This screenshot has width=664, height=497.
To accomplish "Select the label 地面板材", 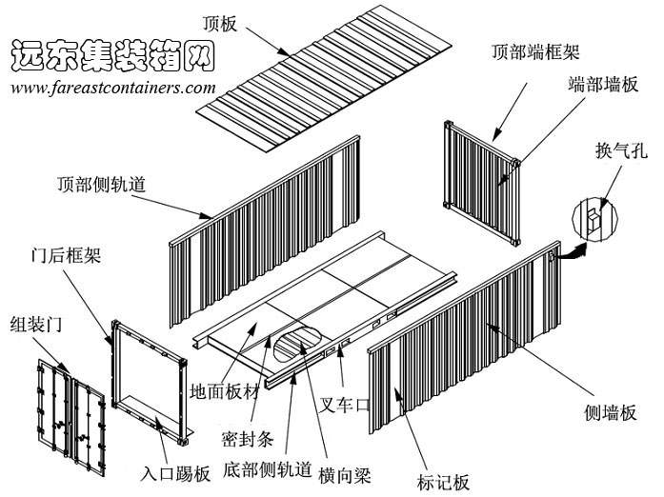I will (x=225, y=391).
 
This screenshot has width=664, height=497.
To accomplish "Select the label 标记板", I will (x=444, y=482).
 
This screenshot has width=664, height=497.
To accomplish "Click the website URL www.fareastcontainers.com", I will (x=113, y=87).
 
